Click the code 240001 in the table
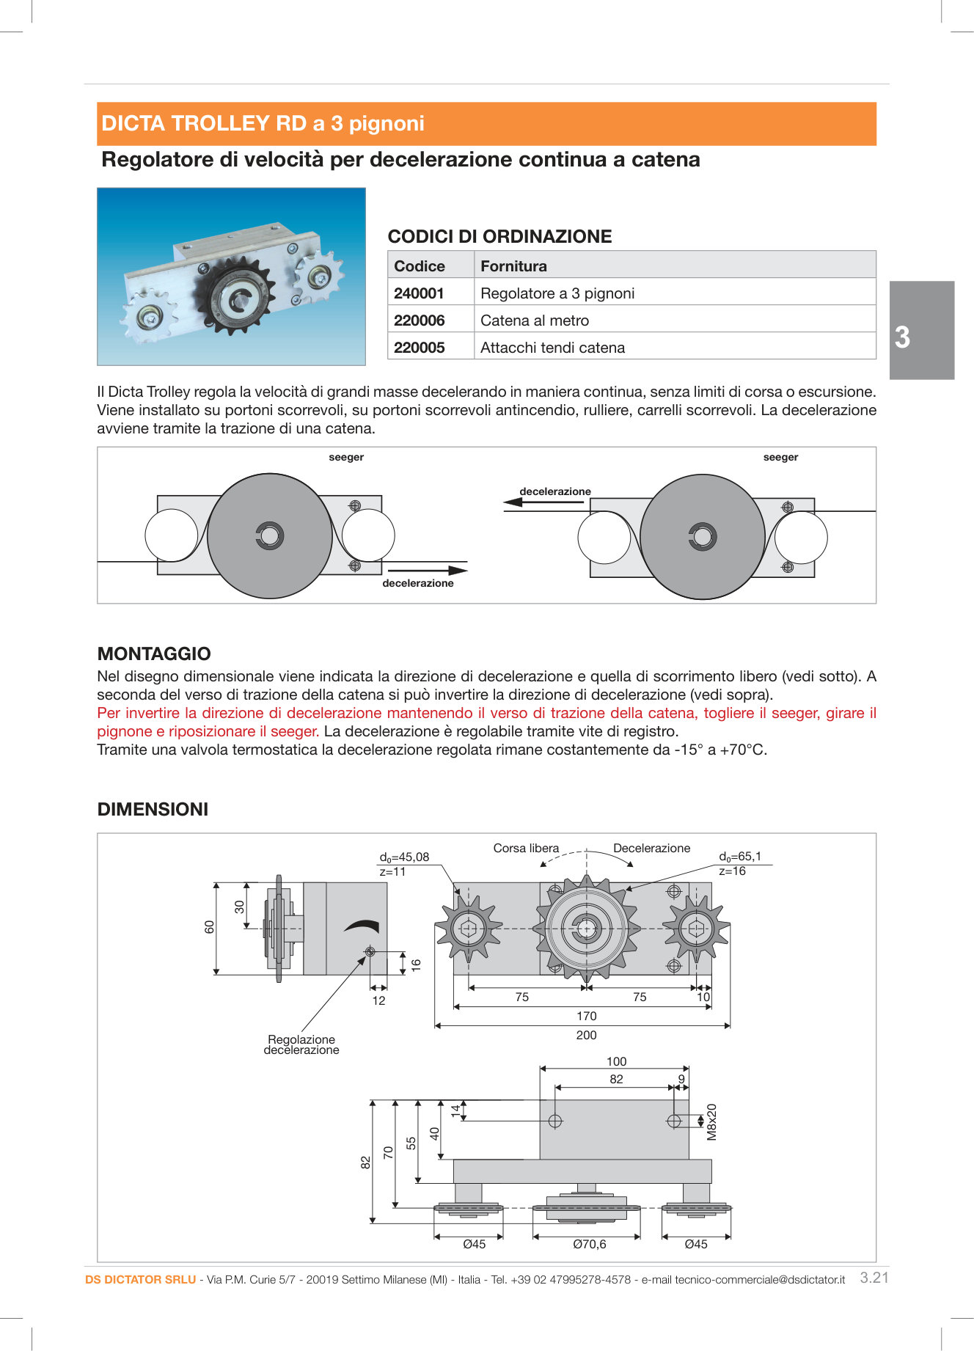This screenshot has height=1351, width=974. [419, 293]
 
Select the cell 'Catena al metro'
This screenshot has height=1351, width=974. [534, 321]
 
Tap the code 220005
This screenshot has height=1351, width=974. [419, 348]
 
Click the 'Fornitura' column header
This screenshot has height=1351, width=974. [513, 266]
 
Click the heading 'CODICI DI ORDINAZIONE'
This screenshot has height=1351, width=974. [499, 236]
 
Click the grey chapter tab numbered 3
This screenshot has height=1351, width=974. [921, 331]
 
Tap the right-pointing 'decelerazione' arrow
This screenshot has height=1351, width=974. [427, 570]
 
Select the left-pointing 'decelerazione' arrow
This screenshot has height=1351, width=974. [543, 502]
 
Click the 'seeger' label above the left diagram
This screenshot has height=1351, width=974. [346, 457]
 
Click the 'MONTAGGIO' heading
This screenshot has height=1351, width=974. [154, 653]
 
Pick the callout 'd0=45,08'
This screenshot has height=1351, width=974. [404, 857]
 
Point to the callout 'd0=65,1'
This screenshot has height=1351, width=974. [740, 856]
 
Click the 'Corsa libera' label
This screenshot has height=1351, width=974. [526, 848]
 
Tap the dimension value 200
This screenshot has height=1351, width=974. [586, 1035]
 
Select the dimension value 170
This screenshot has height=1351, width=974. [586, 1016]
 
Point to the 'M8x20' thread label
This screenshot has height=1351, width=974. [711, 1122]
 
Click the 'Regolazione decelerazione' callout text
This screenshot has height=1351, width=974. [301, 1044]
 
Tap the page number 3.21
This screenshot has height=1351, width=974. [874, 1278]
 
